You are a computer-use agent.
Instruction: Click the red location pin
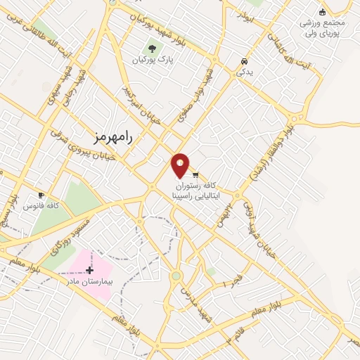tap(181, 166)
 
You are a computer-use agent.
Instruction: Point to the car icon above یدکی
tap(243, 61)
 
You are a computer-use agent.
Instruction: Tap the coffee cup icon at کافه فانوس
tap(41, 195)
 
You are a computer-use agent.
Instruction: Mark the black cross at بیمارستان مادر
tap(89, 270)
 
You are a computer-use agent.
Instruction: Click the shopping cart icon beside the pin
tap(195, 174)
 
